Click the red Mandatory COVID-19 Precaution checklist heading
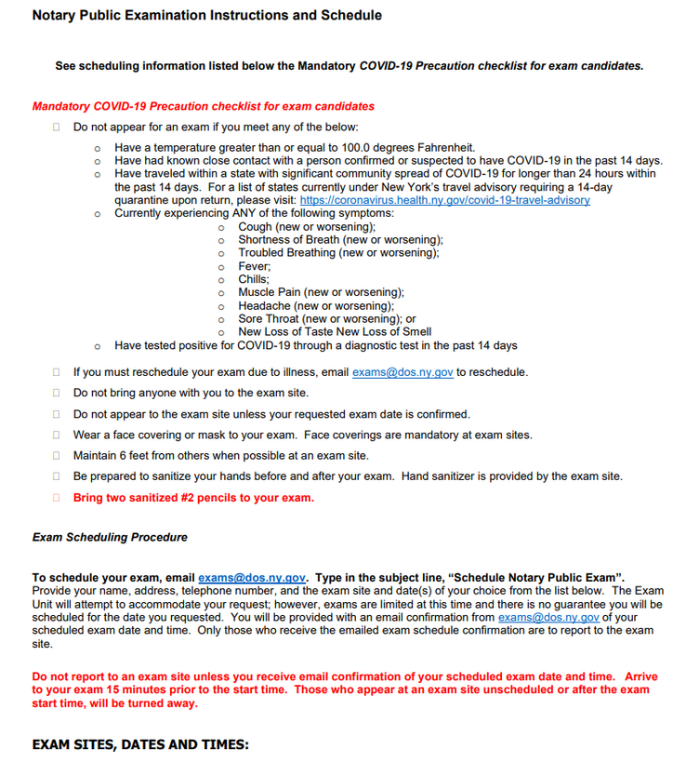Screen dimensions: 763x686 point(203,106)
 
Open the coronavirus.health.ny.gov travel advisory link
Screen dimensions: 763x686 point(443,200)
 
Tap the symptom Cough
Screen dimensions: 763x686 point(256,226)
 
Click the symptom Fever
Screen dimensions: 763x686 point(254,266)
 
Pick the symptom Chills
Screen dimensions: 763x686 point(254,279)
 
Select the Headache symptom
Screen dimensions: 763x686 point(265,305)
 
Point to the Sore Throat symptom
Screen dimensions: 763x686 point(270,318)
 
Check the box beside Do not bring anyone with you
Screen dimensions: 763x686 point(57,394)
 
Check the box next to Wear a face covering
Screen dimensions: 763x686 point(57,435)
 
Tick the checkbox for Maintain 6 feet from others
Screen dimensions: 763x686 point(57,456)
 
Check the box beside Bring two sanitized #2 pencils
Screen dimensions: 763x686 point(57,498)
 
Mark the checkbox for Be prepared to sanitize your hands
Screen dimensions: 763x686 point(57,476)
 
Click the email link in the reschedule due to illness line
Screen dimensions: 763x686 point(402,372)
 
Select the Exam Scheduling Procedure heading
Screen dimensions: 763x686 point(110,538)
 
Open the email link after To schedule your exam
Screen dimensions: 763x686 point(252,578)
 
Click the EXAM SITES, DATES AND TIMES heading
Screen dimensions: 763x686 point(140,744)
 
